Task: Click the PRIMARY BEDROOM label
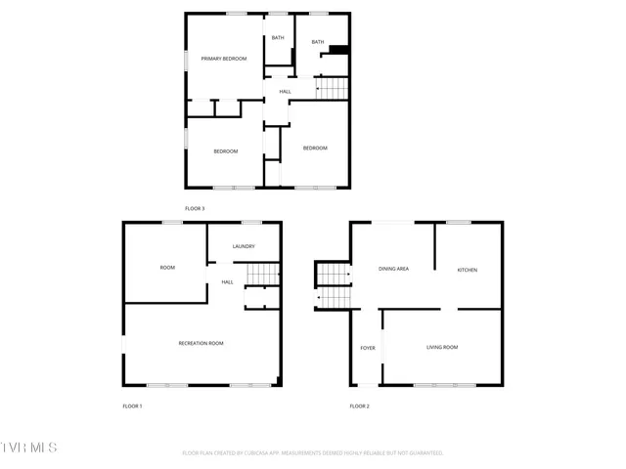pyautogui.click(x=224, y=60)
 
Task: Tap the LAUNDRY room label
pyautogui.click(x=244, y=246)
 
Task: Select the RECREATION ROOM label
pyautogui.click(x=201, y=343)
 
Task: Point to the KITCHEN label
pyautogui.click(x=468, y=270)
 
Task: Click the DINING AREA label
pyautogui.click(x=393, y=268)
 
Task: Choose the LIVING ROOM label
pyautogui.click(x=442, y=348)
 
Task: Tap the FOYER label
pyautogui.click(x=368, y=348)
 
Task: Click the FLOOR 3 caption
pyautogui.click(x=195, y=208)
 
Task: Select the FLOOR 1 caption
pyautogui.click(x=132, y=405)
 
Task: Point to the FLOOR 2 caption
pyautogui.click(x=360, y=405)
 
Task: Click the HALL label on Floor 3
pyautogui.click(x=286, y=92)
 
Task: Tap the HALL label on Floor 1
pyautogui.click(x=227, y=282)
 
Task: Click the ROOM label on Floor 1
pyautogui.click(x=167, y=268)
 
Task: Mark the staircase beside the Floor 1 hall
pyautogui.click(x=262, y=276)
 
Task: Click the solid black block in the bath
pyautogui.click(x=338, y=51)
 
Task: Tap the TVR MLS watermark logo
pyautogui.click(x=29, y=448)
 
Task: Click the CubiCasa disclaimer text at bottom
pyautogui.click(x=313, y=453)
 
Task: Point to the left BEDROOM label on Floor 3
pyautogui.click(x=226, y=150)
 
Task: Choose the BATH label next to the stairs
pyautogui.click(x=317, y=42)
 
